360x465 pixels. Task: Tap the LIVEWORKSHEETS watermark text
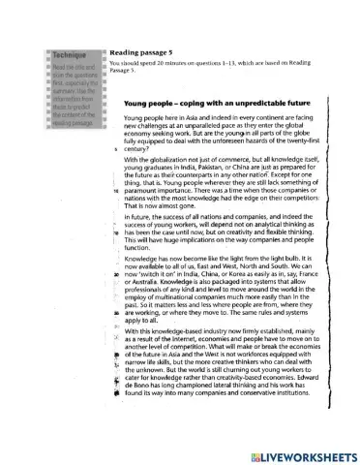[305, 453]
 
